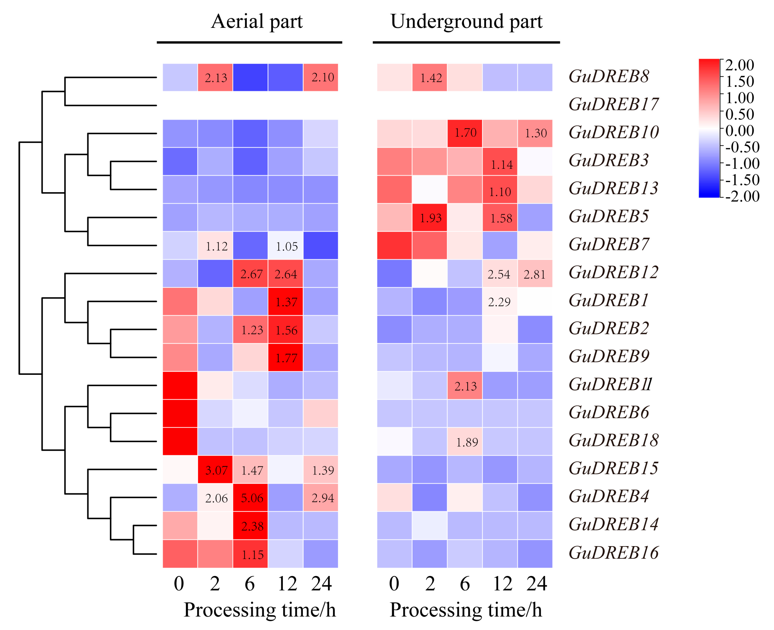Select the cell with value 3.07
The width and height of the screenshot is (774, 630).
click(215, 470)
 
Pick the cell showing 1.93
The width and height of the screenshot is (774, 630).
click(430, 217)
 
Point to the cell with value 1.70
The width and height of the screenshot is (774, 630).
click(465, 133)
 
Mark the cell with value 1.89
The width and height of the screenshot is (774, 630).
click(465, 442)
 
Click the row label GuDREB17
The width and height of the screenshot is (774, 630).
click(613, 104)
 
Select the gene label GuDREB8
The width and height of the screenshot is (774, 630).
click(609, 77)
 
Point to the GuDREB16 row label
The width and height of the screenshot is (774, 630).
click(613, 553)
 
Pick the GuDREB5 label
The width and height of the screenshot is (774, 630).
click(609, 217)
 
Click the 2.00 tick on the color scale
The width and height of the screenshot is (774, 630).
click(739, 65)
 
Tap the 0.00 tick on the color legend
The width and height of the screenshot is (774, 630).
click(739, 131)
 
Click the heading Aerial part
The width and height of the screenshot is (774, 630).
click(257, 22)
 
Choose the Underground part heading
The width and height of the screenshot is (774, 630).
click(466, 22)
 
